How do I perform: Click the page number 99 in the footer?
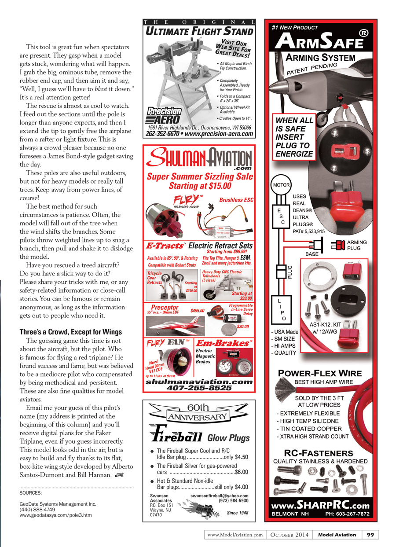click(370, 535)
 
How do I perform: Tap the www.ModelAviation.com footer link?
click(235, 535)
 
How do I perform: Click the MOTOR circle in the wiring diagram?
click(281, 185)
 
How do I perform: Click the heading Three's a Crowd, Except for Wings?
click(65, 331)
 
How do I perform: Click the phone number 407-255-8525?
click(200, 388)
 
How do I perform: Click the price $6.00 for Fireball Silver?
click(241, 472)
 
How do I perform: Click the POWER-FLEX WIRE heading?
click(320, 373)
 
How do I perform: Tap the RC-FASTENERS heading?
click(319, 453)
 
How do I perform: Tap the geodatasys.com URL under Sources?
click(56, 514)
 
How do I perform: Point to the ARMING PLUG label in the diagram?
click(357, 245)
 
